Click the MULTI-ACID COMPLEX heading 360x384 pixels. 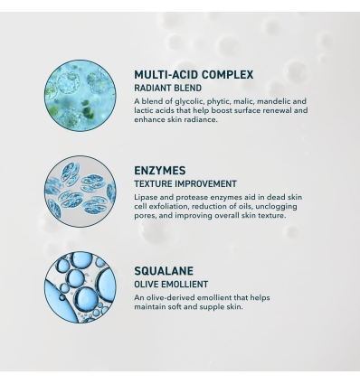click(x=194, y=74)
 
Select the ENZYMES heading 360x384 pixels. click(x=160, y=170)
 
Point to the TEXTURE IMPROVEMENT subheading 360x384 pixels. click(x=185, y=183)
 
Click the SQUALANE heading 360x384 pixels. click(x=164, y=270)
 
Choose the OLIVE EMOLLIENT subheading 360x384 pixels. click(x=171, y=284)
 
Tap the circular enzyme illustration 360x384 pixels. click(x=80, y=189)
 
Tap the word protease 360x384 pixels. click(x=189, y=197)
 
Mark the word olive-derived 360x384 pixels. click(x=173, y=297)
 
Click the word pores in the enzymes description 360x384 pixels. click(x=147, y=215)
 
